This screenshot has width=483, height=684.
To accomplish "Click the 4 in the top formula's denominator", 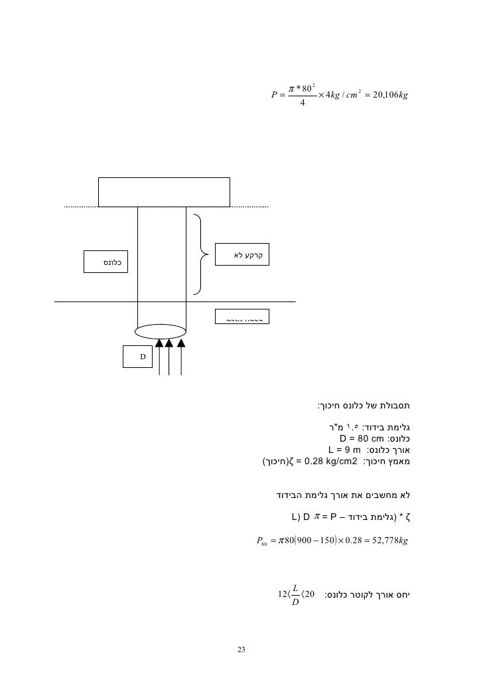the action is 303,104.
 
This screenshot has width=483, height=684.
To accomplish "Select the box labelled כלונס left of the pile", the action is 105,262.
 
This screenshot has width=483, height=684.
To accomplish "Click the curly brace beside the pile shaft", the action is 198,254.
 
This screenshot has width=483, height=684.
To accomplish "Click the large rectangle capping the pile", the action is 165,192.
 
